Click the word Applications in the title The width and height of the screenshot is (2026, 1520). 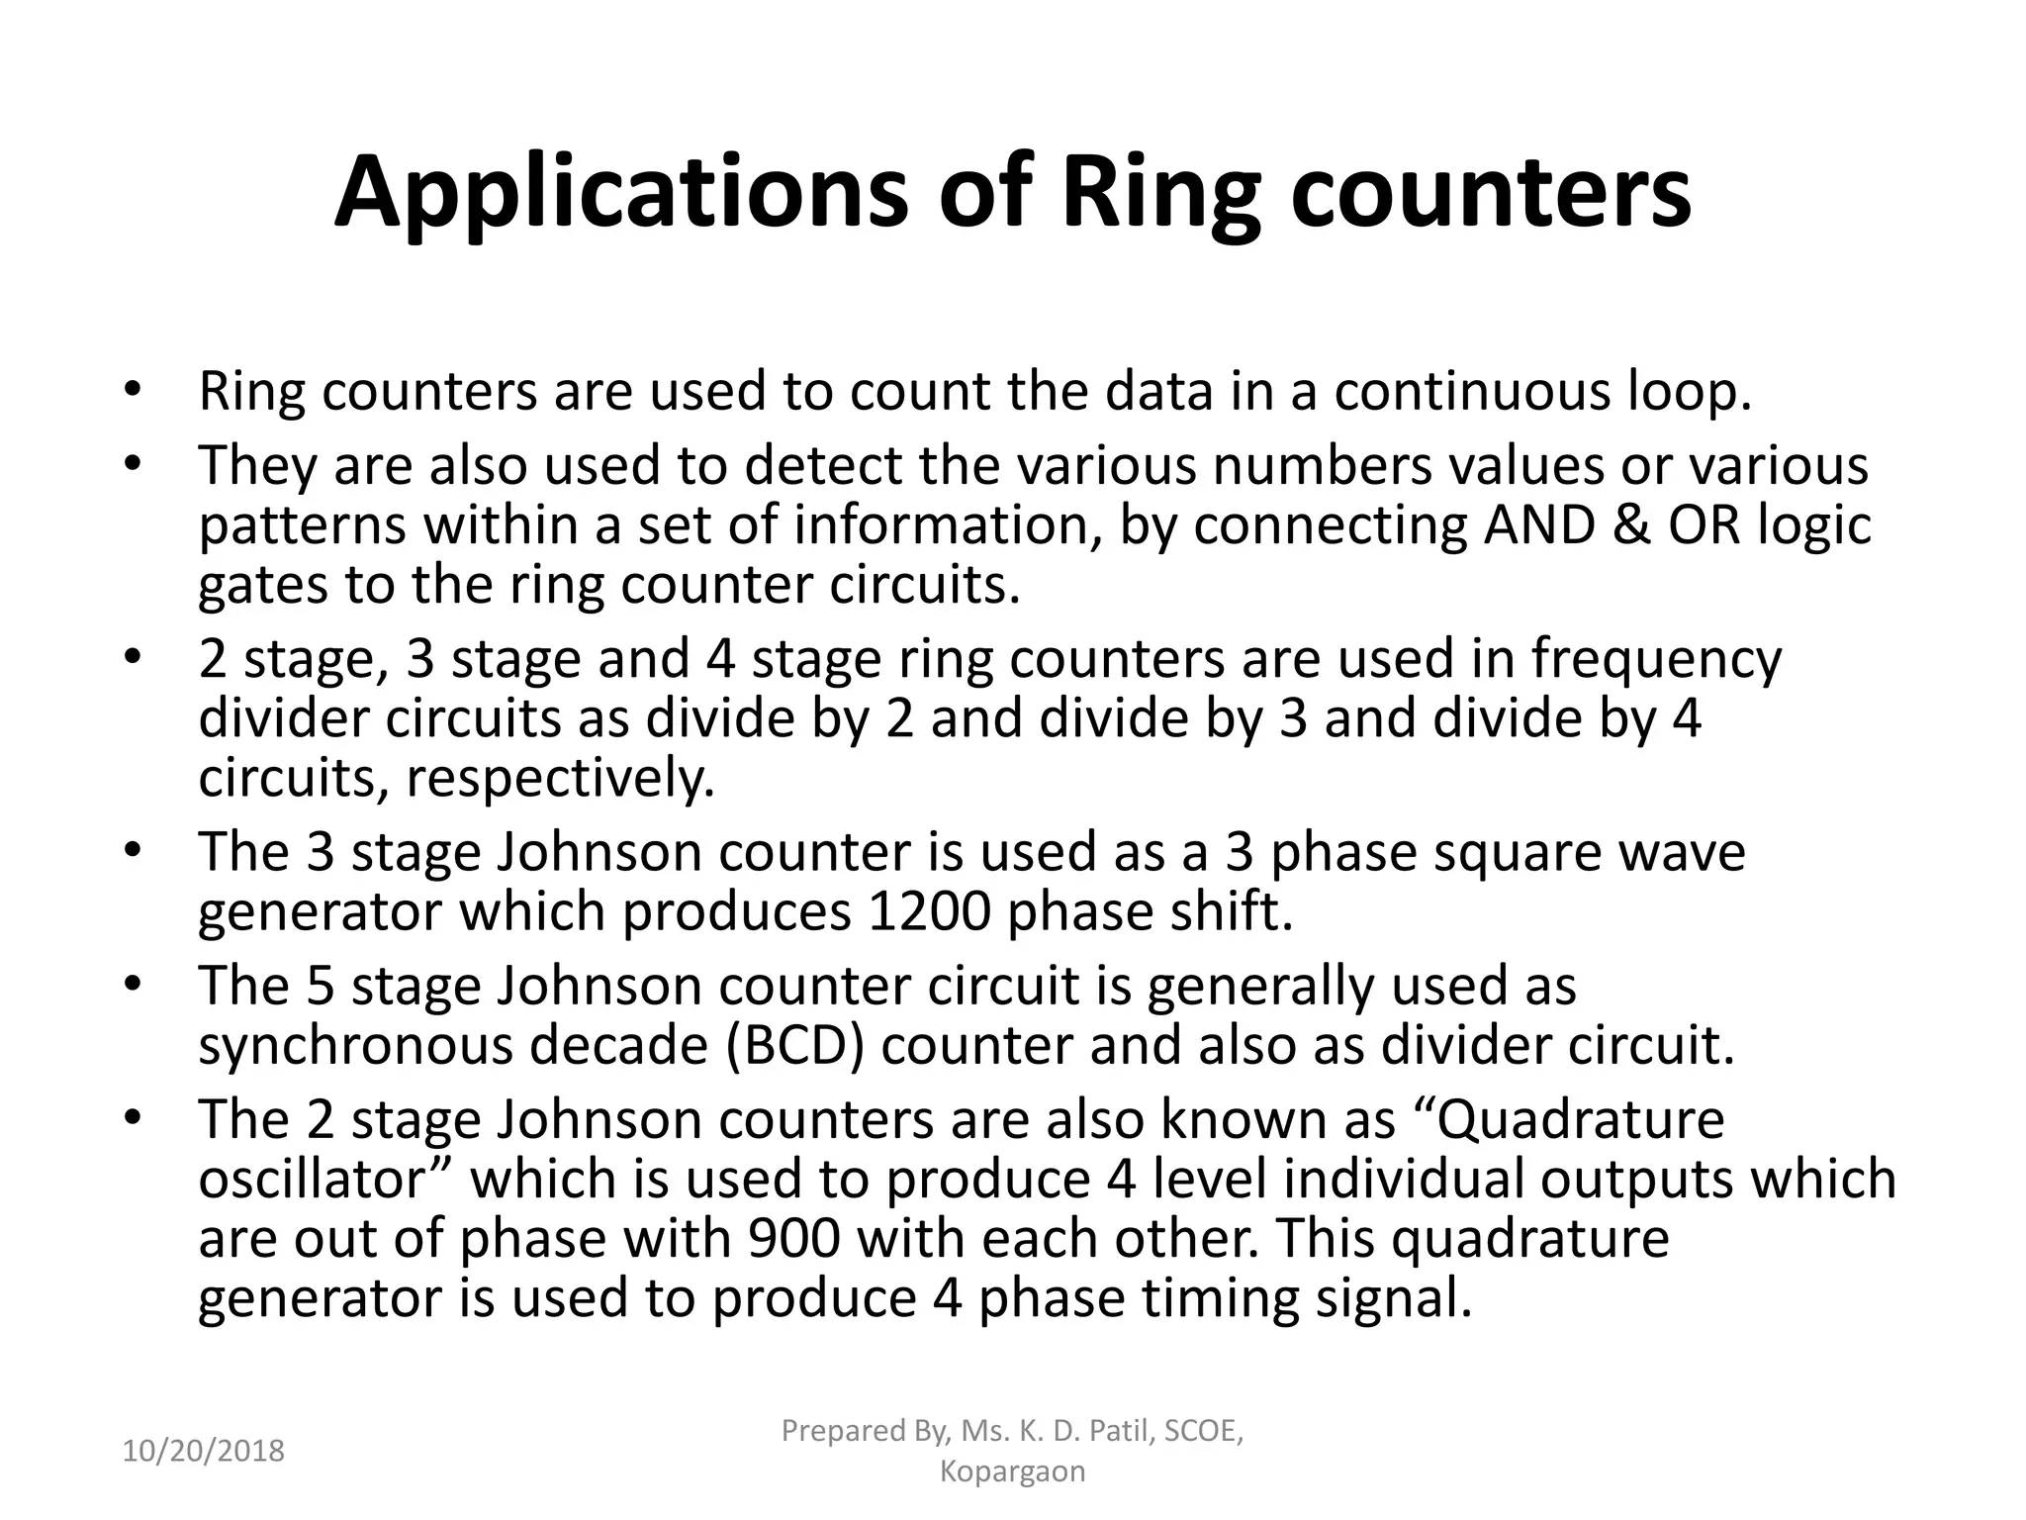(x=620, y=192)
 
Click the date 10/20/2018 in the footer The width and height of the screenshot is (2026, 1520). (x=204, y=1451)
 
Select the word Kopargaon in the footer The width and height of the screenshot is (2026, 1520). (x=1012, y=1472)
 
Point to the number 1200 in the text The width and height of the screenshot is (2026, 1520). (x=928, y=911)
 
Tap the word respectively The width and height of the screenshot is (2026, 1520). (x=560, y=780)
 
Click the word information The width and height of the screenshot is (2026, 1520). (x=948, y=524)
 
